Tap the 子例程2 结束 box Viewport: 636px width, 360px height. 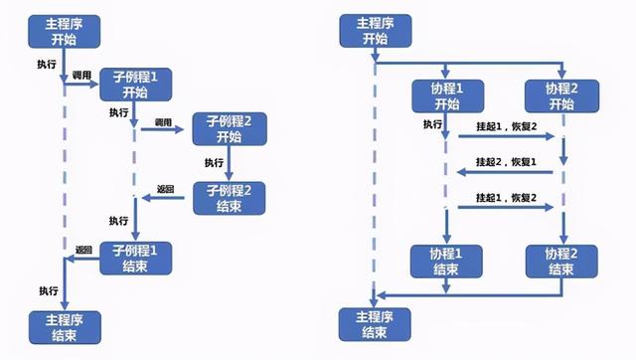point(230,198)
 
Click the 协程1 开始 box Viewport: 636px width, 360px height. point(446,96)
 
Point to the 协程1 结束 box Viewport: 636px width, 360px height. point(446,261)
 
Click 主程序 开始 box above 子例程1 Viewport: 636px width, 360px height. point(65,31)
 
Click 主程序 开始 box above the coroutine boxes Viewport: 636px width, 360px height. point(376,31)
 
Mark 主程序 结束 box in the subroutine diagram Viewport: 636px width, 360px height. point(65,325)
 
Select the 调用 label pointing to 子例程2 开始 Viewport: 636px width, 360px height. point(164,121)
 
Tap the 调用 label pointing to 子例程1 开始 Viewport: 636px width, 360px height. point(82,76)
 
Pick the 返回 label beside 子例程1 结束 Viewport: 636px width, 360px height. point(83,249)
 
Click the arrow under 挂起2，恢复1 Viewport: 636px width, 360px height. point(507,173)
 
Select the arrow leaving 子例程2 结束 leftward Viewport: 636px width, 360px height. point(164,199)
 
